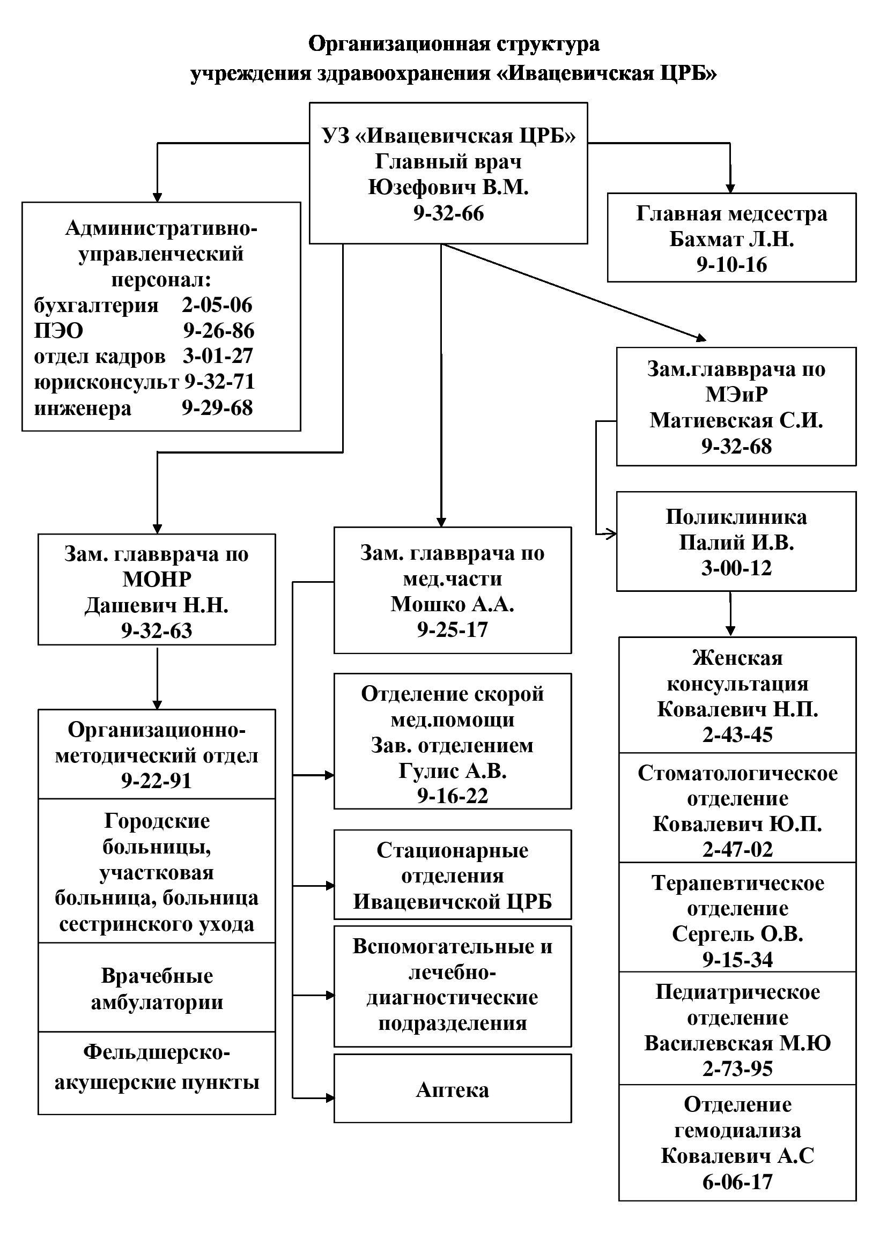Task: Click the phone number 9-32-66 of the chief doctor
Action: pos(448,213)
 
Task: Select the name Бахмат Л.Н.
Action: pos(731,239)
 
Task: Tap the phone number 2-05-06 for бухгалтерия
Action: pos(217,305)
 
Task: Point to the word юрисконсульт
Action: pos(106,382)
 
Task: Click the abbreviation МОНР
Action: pos(157,579)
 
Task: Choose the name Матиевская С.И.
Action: pos(736,420)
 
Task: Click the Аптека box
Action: pos(452,1089)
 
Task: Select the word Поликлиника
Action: pos(736,517)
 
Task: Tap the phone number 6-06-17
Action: pos(737,1182)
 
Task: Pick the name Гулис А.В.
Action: pos(452,770)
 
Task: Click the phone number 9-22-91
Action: pos(157,781)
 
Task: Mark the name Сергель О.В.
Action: pos(737,934)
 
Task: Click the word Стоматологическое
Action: pos(737,774)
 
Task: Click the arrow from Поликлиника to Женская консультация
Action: pos(730,614)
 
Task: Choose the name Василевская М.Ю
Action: pos(737,1043)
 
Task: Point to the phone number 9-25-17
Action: pos(452,630)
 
